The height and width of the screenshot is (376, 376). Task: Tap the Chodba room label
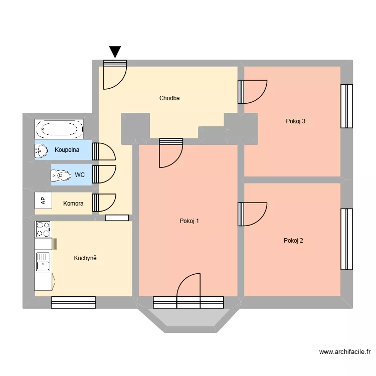(x=169, y=98)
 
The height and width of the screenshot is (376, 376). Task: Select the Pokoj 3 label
(x=296, y=121)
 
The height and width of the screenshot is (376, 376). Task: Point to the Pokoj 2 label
(x=293, y=241)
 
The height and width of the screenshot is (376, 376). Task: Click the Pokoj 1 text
(x=190, y=221)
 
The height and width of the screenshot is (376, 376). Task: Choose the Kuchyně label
(x=85, y=258)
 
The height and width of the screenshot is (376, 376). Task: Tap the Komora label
(x=73, y=204)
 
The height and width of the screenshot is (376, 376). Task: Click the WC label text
(x=79, y=175)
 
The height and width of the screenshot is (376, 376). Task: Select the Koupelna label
(x=67, y=149)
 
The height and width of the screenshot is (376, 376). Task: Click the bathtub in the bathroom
(x=59, y=130)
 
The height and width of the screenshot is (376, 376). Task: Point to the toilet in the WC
(x=61, y=175)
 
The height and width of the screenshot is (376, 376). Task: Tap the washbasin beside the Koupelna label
(x=40, y=150)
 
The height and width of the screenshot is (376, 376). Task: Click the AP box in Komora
(x=43, y=201)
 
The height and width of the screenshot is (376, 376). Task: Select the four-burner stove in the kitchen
(x=43, y=230)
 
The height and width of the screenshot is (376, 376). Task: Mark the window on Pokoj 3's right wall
(x=346, y=106)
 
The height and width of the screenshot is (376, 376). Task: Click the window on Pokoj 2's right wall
(x=346, y=239)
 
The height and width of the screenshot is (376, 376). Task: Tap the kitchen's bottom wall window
(x=73, y=302)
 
